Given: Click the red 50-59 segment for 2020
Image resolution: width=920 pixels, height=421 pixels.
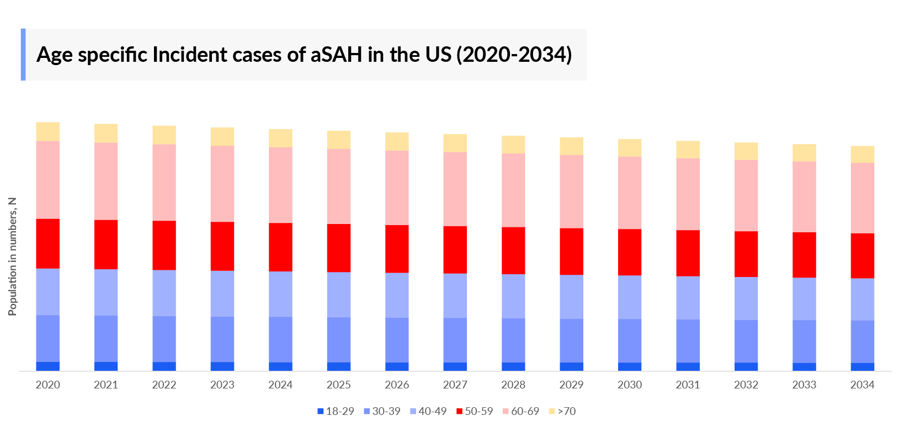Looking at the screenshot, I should tap(48, 243).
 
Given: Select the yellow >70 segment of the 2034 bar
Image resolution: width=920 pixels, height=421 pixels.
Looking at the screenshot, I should tap(862, 154).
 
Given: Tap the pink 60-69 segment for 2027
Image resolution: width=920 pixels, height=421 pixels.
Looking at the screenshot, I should tap(455, 189).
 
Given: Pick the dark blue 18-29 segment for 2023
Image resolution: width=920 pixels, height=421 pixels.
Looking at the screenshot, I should tap(222, 366).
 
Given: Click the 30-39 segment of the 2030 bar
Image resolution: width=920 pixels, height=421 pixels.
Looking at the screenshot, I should tap(630, 340).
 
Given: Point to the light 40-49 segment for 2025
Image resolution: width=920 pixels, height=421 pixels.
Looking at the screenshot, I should tap(339, 294).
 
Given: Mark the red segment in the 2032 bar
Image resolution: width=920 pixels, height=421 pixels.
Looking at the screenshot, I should tap(746, 254).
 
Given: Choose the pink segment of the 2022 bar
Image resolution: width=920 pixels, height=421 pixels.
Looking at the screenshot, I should tap(164, 182).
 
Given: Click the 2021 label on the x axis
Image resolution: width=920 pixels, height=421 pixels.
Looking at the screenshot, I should tap(106, 385).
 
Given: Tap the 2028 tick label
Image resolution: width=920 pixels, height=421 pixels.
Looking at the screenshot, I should tap(513, 385).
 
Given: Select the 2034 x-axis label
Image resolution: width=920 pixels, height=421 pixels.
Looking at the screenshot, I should tap(862, 385).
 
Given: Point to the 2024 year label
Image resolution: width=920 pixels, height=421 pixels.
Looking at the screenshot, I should tap(280, 385).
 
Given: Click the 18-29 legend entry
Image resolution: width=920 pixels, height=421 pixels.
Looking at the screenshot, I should tap(336, 411).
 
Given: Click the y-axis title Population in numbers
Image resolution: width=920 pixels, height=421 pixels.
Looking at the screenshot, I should tap(12, 257).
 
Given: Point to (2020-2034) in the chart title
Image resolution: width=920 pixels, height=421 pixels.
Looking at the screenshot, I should tap(514, 55).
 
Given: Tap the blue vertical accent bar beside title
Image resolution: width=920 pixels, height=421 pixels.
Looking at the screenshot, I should tap(23, 55).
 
